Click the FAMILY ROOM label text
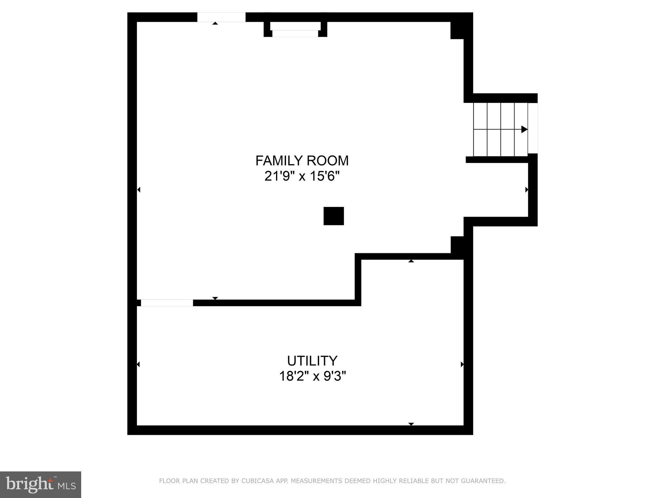[302, 160]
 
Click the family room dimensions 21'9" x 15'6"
[302, 176]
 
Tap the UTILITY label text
[312, 361]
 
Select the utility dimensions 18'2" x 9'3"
[312, 376]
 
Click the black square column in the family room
[333, 216]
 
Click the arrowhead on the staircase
[524, 129]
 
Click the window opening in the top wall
[221, 17]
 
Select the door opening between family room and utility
[167, 303]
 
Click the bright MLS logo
[41, 484]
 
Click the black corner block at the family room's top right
[457, 30]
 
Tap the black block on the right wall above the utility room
[457, 245]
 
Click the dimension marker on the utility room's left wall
[138, 364]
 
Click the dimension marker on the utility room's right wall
[462, 364]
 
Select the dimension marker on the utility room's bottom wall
[411, 424]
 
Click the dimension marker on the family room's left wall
[139, 190]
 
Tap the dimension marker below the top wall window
[215, 23]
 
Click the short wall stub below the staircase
[497, 160]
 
